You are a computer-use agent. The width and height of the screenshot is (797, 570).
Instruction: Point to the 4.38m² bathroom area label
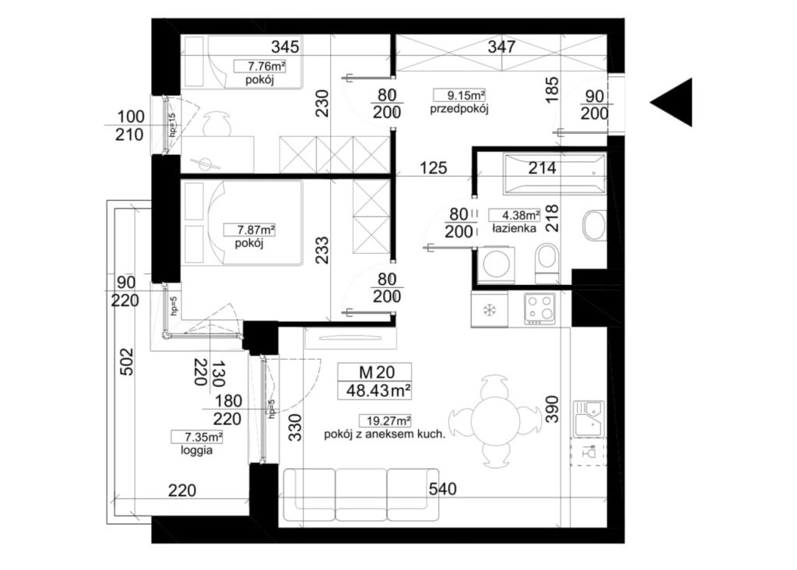514,215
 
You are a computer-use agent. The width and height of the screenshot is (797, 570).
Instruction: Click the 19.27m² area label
385,421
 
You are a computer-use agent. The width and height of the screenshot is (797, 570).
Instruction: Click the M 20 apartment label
377,372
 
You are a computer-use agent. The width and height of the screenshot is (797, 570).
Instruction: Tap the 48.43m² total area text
378,390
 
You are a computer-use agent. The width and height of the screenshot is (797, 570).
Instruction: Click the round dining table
495,421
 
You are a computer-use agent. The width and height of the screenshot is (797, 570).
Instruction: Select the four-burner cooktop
540,308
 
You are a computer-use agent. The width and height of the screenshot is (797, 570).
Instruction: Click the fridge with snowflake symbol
490,309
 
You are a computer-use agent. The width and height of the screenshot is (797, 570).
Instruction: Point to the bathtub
554,174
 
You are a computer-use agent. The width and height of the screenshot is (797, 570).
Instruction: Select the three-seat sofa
361,494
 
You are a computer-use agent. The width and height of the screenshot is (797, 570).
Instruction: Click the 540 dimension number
443,489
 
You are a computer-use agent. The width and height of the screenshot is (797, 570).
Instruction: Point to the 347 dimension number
502,47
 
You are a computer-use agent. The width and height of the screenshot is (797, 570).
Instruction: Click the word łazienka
514,229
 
